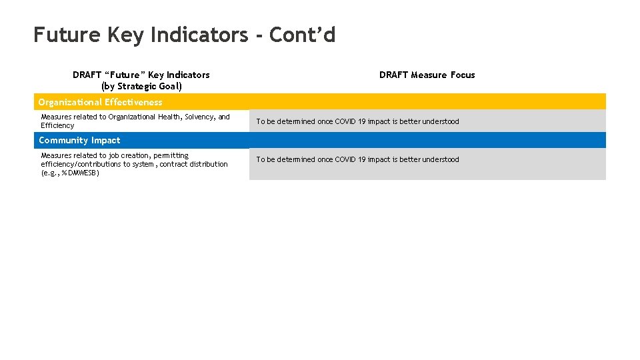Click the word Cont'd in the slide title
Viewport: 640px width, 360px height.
tap(302, 34)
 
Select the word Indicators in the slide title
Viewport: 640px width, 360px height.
tap(198, 34)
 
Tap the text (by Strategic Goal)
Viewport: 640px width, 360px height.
tap(141, 86)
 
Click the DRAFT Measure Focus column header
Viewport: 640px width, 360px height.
tap(427, 75)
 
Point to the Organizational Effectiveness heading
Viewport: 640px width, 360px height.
tap(100, 102)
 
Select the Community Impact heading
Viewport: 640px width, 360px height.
tap(79, 140)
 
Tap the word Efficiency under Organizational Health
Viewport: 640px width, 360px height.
tap(57, 125)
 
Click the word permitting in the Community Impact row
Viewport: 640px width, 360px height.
tap(171, 155)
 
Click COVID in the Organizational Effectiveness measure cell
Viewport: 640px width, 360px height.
tap(345, 121)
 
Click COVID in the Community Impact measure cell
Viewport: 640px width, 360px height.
tap(345, 159)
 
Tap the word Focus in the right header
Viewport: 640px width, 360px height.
tap(462, 75)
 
